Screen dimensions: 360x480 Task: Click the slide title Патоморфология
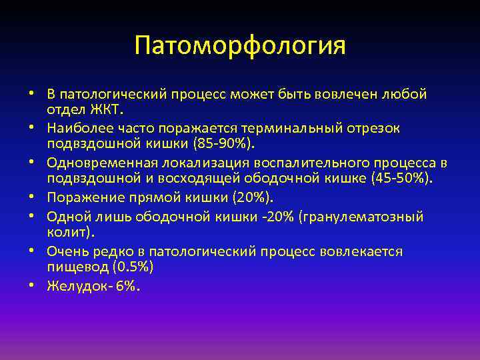(x=240, y=46)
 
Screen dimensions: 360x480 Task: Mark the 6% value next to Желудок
(x=128, y=286)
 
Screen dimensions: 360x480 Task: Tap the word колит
(x=69, y=232)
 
